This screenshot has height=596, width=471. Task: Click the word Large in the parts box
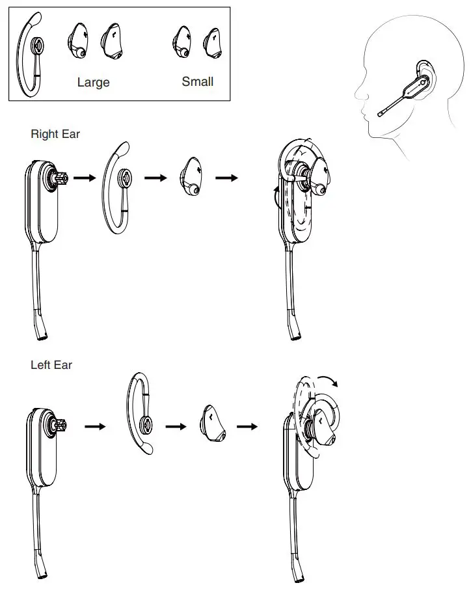(x=93, y=83)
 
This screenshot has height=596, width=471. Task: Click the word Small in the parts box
(x=197, y=82)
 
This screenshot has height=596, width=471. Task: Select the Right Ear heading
(x=55, y=134)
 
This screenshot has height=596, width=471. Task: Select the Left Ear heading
(x=51, y=365)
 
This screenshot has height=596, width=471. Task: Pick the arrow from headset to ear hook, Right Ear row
(x=85, y=178)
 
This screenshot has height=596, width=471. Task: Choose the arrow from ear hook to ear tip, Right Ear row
(x=155, y=178)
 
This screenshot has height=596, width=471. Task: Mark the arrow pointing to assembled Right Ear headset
(x=226, y=178)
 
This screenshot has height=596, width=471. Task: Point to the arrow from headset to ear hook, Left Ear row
(x=95, y=427)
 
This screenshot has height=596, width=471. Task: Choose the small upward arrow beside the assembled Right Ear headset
(x=275, y=193)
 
